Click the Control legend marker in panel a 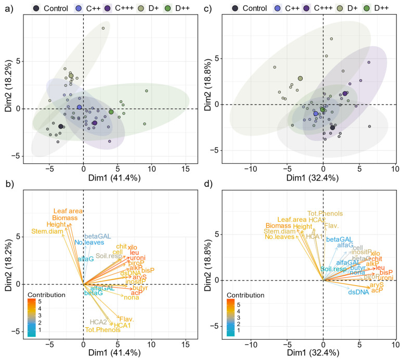36,8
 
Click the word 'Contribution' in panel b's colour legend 47,294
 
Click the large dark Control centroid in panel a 61,126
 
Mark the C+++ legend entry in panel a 107,8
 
